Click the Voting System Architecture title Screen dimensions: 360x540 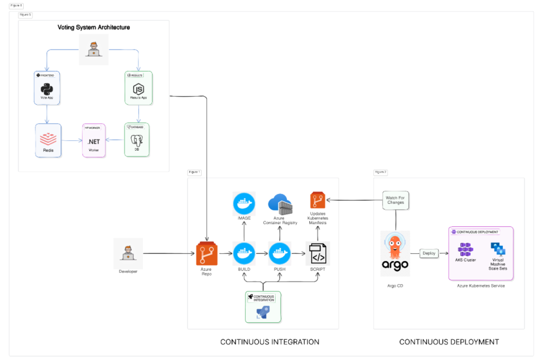94,27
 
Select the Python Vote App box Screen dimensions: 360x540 47,88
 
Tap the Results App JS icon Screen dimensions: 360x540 139,89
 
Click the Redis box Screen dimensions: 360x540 48,141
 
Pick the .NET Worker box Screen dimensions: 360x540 94,141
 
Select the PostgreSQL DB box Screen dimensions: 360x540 137,140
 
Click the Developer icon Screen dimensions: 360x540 128,253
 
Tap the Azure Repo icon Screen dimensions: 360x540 207,253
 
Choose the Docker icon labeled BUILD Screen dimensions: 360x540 244,253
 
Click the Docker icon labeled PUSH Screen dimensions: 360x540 280,253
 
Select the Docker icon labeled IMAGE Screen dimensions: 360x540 244,203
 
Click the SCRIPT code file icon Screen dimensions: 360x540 318,253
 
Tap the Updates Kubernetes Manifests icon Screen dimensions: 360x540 318,200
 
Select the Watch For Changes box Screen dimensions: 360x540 396,200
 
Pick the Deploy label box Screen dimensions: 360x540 429,253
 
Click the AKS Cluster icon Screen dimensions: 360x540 465,250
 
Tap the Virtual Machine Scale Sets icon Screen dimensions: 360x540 498,249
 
